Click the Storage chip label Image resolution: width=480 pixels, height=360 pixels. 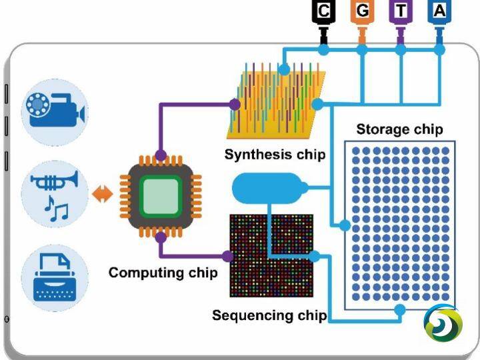click(x=399, y=129)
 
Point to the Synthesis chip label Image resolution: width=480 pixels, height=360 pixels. click(x=275, y=154)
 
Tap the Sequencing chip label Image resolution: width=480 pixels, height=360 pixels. click(x=269, y=315)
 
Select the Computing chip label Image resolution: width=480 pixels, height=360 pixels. click(x=163, y=273)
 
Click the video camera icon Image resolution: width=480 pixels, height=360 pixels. click(x=55, y=109)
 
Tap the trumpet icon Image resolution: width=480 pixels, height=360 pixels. click(x=54, y=181)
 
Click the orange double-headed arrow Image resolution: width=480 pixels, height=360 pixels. click(x=102, y=194)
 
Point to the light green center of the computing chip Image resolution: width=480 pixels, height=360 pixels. click(x=161, y=196)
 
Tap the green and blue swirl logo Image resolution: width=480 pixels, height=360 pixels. click(x=443, y=323)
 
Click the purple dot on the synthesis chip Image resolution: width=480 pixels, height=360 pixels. click(x=235, y=105)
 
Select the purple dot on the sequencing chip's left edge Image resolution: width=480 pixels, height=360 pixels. click(x=227, y=256)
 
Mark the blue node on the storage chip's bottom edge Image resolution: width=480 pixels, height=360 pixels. click(x=400, y=310)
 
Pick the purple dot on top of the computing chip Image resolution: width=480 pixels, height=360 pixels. click(x=161, y=155)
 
